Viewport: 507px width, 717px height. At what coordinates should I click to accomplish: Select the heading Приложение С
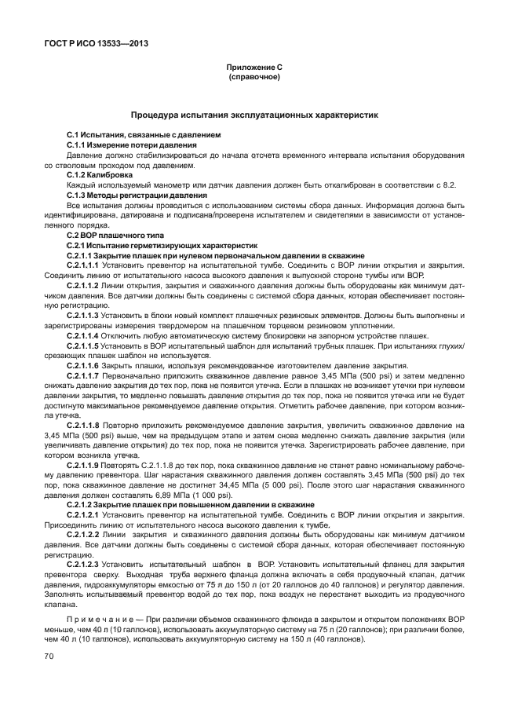click(253, 69)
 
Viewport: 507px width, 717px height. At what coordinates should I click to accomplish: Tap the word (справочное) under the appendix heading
click(253, 78)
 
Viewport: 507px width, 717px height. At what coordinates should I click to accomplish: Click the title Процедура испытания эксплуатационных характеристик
click(253, 115)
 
